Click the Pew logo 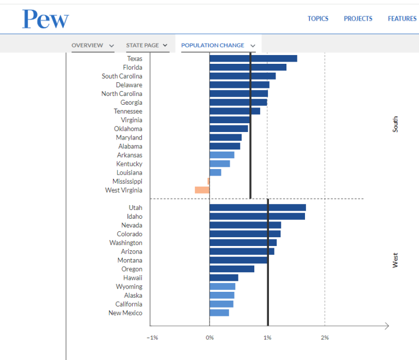coord(45,19)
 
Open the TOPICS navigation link coord(318,19)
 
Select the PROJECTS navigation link coord(358,19)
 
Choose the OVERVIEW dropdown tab coord(93,45)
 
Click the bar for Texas coord(253,58)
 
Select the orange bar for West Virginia coord(202,190)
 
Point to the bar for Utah coord(258,207)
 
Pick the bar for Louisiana coord(215,172)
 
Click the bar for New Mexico coord(219,313)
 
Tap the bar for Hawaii coord(224,278)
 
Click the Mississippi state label coord(127,181)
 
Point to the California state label coord(129,304)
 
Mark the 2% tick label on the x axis coord(325,338)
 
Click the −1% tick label coord(152,338)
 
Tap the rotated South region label coord(396,124)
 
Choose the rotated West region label coord(396,260)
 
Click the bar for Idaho coord(257,216)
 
